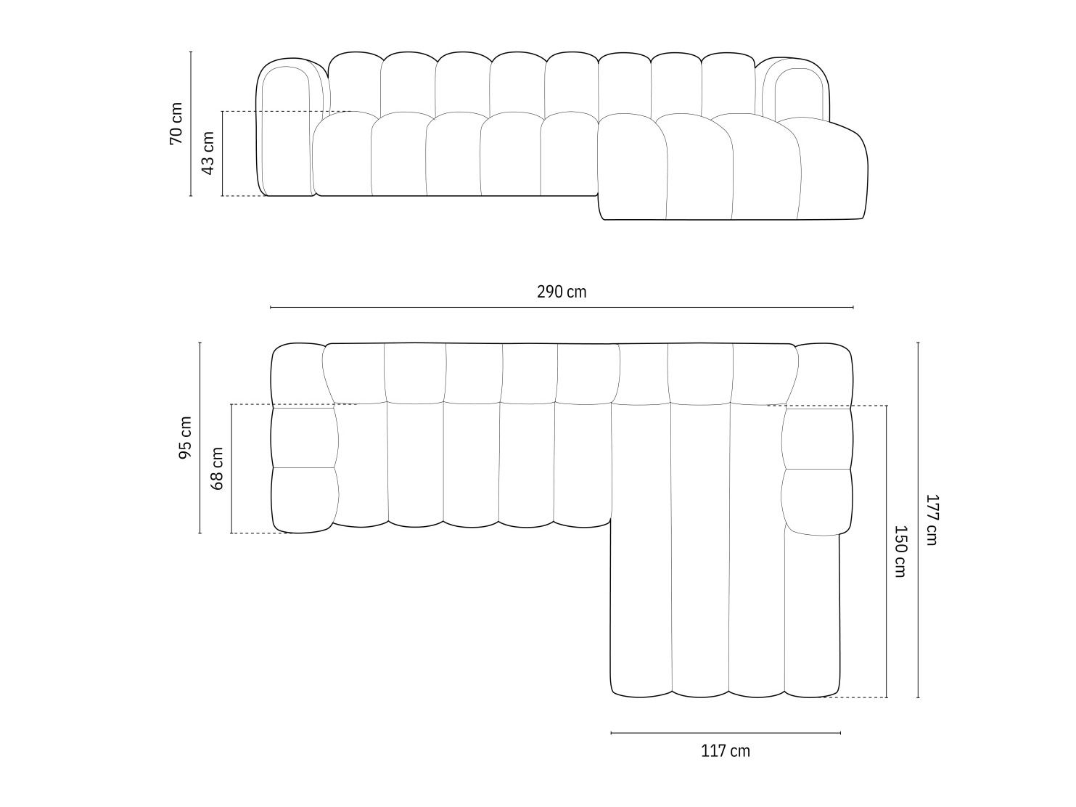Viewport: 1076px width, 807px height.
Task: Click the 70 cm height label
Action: [176, 123]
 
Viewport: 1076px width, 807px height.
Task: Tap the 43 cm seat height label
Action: [208, 153]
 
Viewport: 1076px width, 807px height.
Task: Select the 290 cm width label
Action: [562, 292]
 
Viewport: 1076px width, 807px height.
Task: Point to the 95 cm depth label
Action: [186, 438]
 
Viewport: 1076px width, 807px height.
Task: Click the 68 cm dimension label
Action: [217, 468]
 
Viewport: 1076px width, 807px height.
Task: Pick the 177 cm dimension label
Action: [932, 520]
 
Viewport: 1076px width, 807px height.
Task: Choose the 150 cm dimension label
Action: [900, 551]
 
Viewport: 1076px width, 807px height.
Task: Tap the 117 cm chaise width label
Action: [726, 751]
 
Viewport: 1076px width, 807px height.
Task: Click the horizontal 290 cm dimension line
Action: [435, 308]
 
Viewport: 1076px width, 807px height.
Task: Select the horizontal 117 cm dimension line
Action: [726, 733]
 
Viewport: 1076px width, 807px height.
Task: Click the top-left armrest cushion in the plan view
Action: [297, 374]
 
